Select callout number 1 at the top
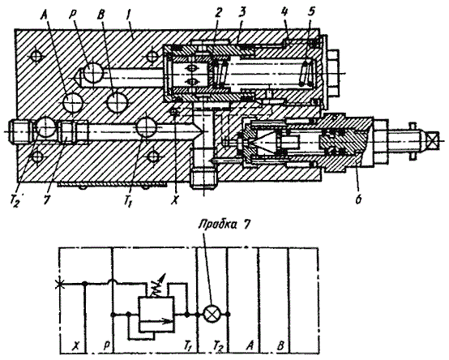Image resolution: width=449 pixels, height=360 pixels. [128, 16]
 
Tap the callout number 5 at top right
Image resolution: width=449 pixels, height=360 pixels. [311, 11]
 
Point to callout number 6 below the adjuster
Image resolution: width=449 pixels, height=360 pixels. [358, 199]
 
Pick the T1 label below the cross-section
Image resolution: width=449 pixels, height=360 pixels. [128, 202]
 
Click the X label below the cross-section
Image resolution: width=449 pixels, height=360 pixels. [174, 200]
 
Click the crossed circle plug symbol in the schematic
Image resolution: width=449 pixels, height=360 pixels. [212, 314]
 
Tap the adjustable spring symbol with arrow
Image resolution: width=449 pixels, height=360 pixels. [156, 287]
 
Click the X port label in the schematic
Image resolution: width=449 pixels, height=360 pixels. [75, 346]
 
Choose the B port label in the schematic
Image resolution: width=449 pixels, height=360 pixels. [280, 345]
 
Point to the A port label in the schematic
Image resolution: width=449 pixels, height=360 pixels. [250, 345]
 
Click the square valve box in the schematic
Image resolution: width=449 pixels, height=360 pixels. [156, 314]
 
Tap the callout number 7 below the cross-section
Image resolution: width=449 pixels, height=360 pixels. [46, 199]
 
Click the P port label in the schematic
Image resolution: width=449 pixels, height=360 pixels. [106, 346]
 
